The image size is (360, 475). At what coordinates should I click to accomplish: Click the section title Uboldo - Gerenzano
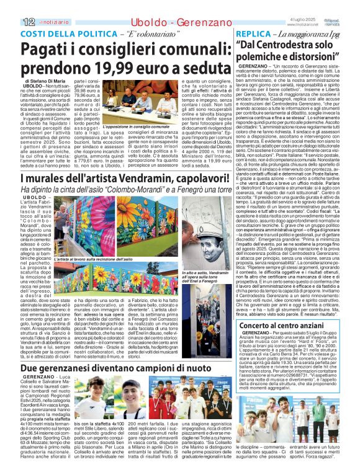pyautogui.click(x=161, y=22)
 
